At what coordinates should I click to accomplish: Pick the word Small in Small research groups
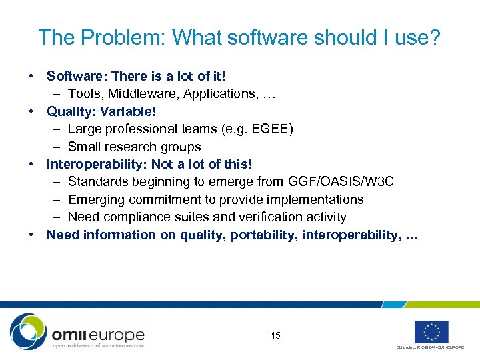point(87,147)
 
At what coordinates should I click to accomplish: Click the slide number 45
point(275,335)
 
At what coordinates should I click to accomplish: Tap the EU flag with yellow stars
point(431,331)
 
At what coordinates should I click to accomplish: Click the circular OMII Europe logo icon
point(28,331)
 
